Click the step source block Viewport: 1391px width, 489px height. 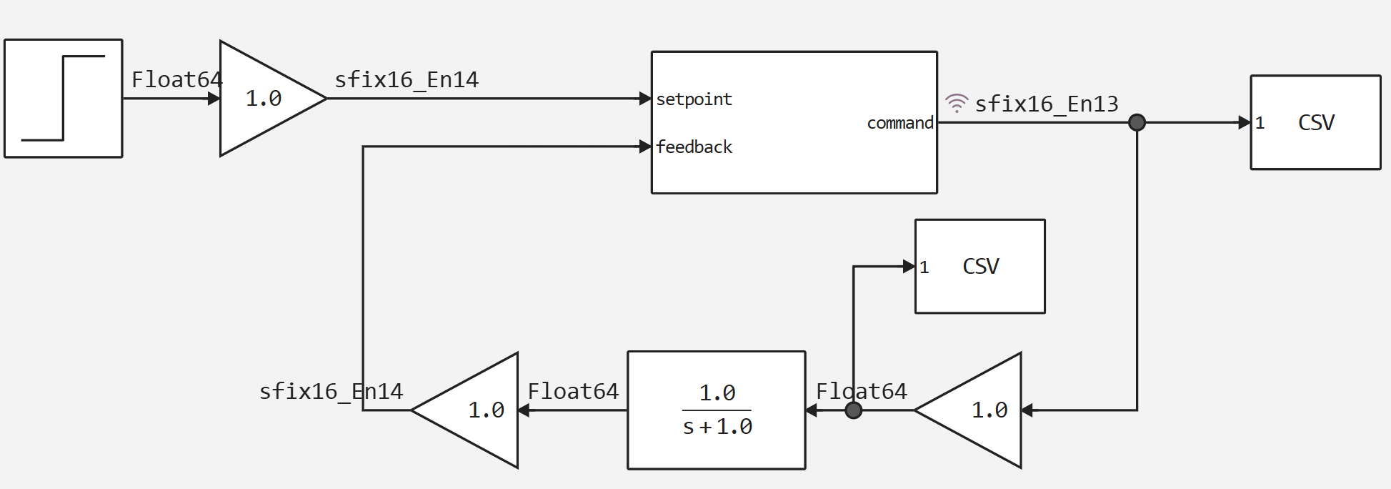(x=64, y=99)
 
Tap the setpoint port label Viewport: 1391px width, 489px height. (x=694, y=99)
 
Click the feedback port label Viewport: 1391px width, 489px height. (x=694, y=147)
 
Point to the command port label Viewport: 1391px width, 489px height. (x=899, y=123)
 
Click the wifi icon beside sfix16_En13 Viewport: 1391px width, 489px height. (x=957, y=103)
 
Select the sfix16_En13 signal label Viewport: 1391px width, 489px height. (x=1047, y=104)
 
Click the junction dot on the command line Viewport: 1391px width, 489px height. (x=1137, y=123)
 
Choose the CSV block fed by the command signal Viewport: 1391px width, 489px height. (x=1315, y=122)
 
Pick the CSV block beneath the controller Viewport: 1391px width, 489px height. (x=979, y=266)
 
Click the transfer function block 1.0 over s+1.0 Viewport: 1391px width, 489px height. (x=717, y=410)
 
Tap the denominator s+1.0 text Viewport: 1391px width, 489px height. (x=717, y=427)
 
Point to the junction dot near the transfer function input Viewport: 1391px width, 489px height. (x=853, y=410)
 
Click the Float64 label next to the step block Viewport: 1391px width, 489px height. (x=176, y=79)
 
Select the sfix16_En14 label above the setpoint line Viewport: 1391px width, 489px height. (x=407, y=79)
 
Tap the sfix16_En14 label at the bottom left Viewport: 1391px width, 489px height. (x=331, y=391)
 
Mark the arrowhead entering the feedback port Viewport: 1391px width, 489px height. (x=645, y=147)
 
